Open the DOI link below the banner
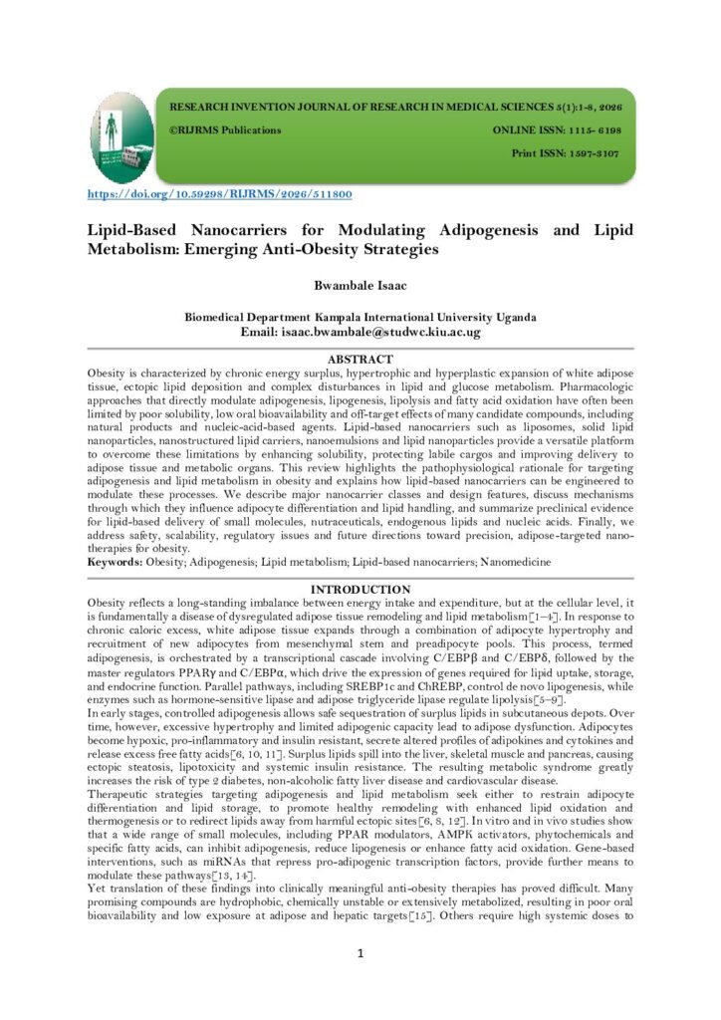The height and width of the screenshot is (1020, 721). click(x=220, y=194)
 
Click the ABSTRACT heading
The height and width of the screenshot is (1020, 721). click(x=360, y=359)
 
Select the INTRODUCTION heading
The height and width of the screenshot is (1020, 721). click(x=360, y=591)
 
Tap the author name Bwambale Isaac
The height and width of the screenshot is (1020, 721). click(x=360, y=286)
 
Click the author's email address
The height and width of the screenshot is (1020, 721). click(x=392, y=332)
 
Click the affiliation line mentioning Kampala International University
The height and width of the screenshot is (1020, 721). click(x=360, y=317)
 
